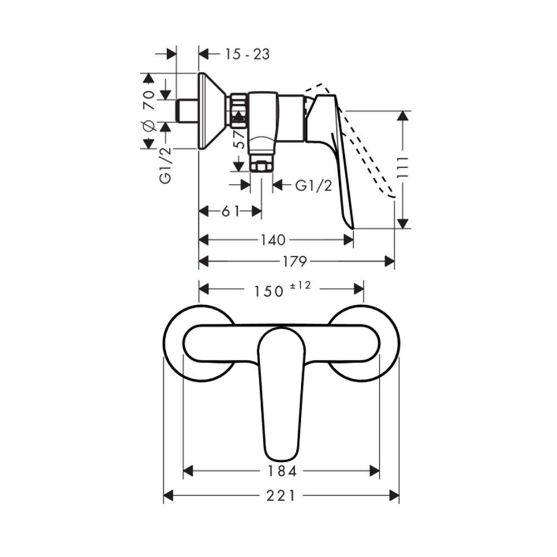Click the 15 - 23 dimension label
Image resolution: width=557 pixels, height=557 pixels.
pos(247,54)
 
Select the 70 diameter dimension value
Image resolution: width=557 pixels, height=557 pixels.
pos(148,100)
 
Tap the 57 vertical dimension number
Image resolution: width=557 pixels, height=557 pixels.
pos(239,139)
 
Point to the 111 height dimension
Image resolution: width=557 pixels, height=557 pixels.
pos(404,169)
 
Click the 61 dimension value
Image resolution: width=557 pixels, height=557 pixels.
pos(230,211)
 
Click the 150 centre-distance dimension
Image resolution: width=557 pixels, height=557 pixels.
pos(269,291)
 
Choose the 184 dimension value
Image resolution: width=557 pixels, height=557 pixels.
pos(281,471)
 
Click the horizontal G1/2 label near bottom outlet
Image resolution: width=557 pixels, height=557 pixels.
pos(314,185)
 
